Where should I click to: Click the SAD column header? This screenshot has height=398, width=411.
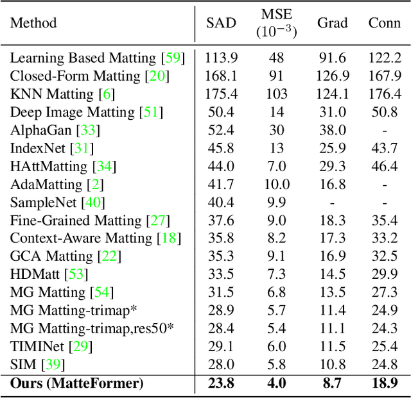[221, 23]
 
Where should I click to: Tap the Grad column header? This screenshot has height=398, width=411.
[333, 23]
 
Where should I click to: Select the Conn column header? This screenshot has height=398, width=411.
[385, 23]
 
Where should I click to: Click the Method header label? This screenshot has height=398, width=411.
[33, 23]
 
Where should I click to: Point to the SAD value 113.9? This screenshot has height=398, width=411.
[221, 58]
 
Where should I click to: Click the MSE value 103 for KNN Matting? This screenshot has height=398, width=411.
[277, 94]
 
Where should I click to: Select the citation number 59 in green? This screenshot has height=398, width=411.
[173, 58]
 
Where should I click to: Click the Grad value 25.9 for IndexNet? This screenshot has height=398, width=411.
[332, 149]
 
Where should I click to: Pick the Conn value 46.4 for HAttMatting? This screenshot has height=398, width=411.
[385, 167]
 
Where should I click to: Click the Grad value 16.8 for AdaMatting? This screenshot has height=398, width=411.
[332, 185]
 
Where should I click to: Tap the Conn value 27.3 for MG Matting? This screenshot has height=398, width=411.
[385, 293]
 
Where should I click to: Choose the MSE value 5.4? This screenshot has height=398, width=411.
[277, 329]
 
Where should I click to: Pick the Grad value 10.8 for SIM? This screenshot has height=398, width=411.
[332, 365]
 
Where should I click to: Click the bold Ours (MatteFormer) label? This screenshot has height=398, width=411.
[76, 384]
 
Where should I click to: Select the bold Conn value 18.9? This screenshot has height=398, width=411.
[385, 384]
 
